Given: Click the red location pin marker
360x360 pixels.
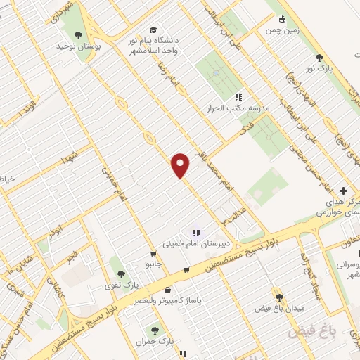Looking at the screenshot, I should pos(181,165).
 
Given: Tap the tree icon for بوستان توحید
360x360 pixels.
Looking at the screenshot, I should pos(78,35).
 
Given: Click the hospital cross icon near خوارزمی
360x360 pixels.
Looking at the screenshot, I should pos(343,191).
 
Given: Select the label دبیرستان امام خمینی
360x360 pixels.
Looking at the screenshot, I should pos(198,245).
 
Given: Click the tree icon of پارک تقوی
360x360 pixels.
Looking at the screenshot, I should pos(121,274).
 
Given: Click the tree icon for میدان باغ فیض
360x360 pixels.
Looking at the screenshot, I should pos(279,298).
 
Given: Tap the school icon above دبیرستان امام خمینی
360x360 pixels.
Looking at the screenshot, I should pos(196,233).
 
